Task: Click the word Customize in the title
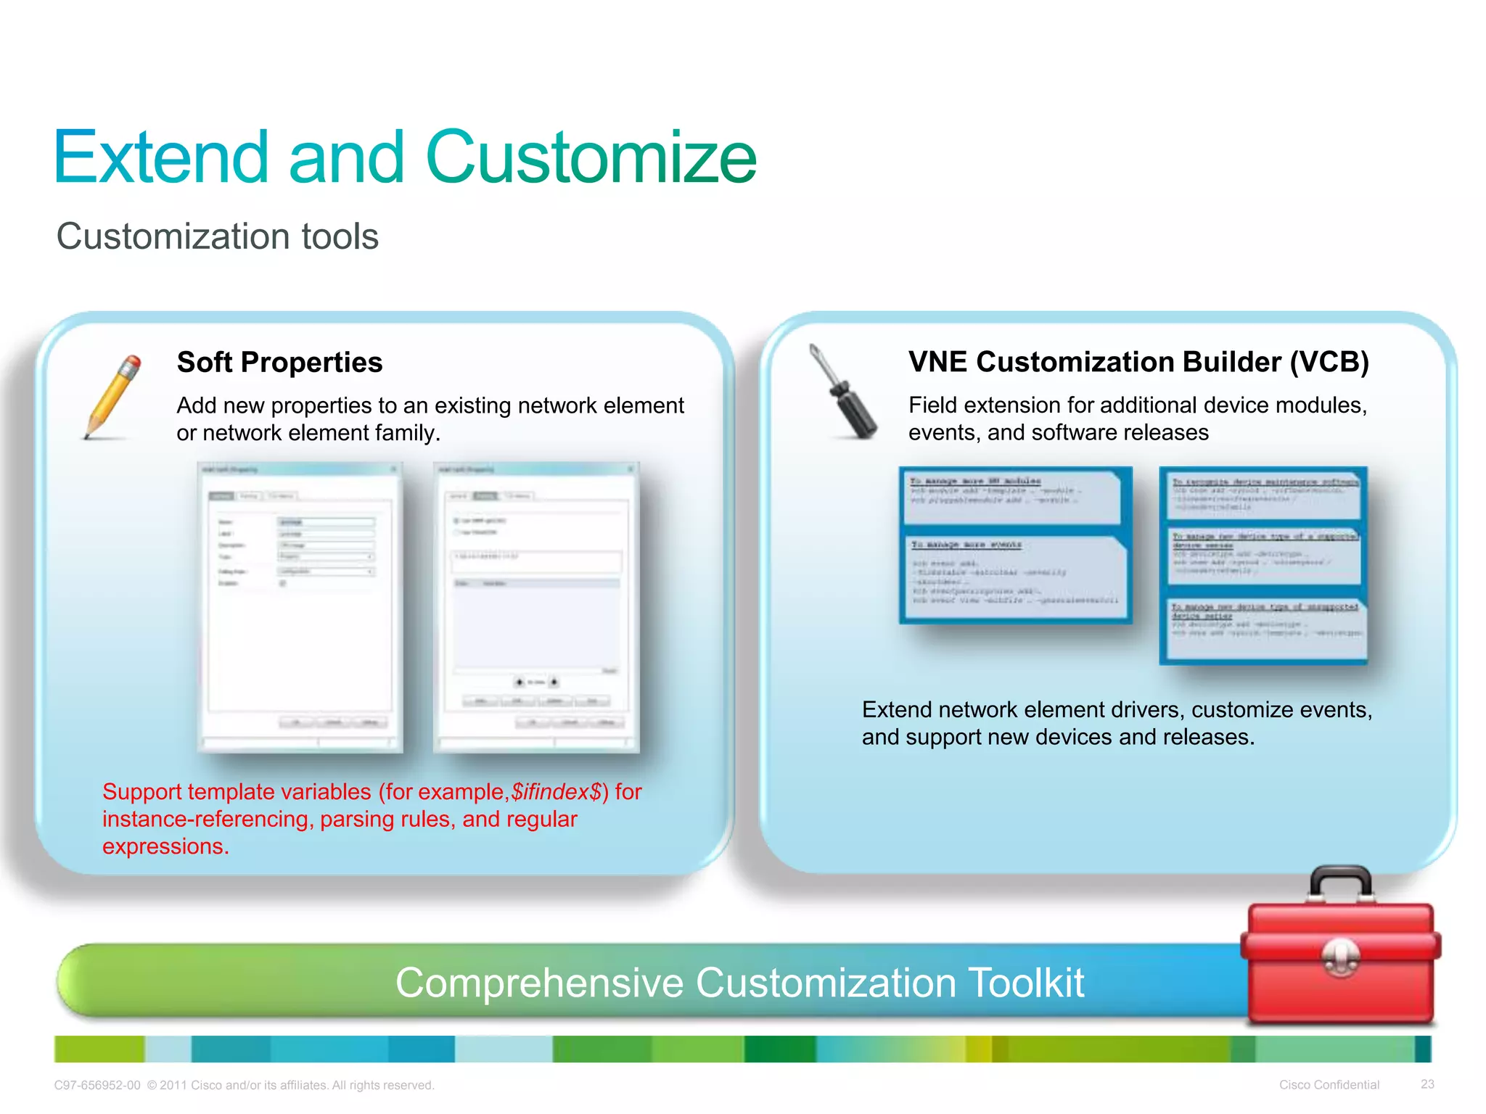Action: tap(591, 157)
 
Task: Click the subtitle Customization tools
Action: tap(217, 236)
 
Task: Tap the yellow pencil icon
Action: tap(111, 397)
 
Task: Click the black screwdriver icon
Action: tap(843, 392)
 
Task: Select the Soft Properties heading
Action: tap(279, 362)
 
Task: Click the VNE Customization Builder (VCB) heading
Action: tap(1138, 361)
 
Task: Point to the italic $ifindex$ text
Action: tap(556, 791)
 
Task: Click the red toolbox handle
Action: tap(1340, 880)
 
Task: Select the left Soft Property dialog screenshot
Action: tap(300, 608)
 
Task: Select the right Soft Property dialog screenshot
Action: tap(536, 608)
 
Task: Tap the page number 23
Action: tap(1427, 1084)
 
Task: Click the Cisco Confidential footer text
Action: tap(1329, 1085)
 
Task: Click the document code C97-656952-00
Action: tap(97, 1086)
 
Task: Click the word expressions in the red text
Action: tap(165, 846)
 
